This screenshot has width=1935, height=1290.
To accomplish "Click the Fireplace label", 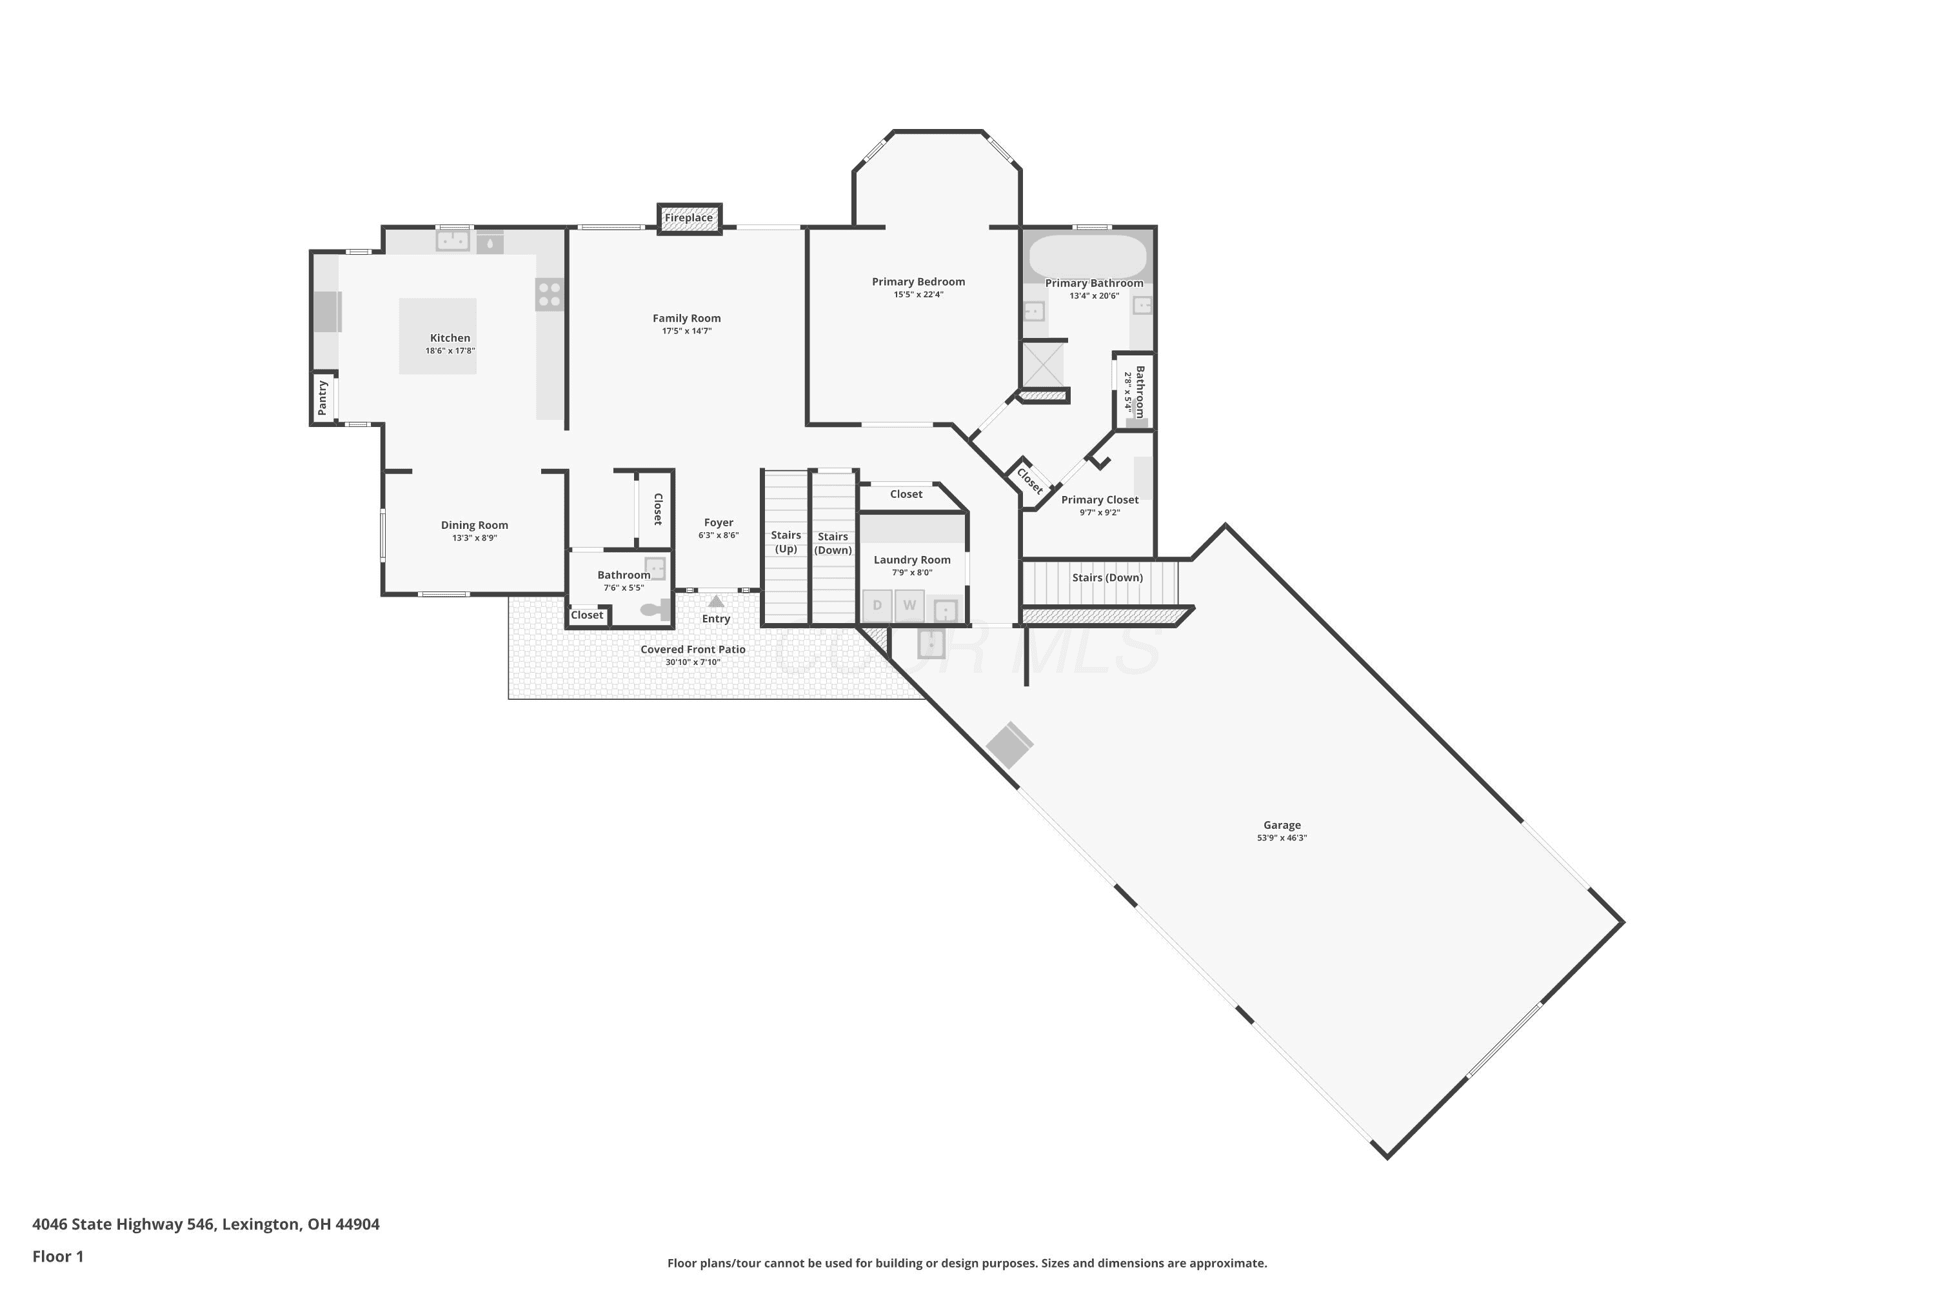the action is click(x=689, y=218).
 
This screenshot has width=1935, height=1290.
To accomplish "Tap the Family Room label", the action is click(x=687, y=319).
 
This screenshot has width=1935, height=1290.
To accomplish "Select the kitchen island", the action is click(x=438, y=337).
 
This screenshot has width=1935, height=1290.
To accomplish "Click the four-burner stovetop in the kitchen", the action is click(x=550, y=295).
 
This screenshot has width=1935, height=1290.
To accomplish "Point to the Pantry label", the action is click(x=322, y=397).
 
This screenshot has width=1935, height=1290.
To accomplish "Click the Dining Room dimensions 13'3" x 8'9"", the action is click(x=475, y=538).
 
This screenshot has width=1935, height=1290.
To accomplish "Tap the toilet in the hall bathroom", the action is click(x=656, y=610).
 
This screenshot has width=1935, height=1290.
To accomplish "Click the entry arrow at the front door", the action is click(x=716, y=601).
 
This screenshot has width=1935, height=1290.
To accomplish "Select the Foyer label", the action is click(x=719, y=522).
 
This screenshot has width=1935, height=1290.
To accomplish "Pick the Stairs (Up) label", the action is click(x=786, y=542).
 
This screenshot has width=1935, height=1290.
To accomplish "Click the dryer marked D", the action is click(x=877, y=606).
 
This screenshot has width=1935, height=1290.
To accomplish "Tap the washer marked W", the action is click(x=909, y=606).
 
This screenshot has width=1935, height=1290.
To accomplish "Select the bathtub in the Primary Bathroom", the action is click(x=1087, y=257).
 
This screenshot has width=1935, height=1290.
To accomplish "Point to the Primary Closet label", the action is click(x=1100, y=499).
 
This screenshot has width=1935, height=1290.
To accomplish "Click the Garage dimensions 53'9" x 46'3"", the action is click(x=1282, y=837).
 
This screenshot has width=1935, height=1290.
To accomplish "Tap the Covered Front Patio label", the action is click(x=693, y=649).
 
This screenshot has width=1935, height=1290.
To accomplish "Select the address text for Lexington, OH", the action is click(x=206, y=1224).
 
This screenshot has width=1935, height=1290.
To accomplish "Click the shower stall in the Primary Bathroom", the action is click(x=1042, y=364).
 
